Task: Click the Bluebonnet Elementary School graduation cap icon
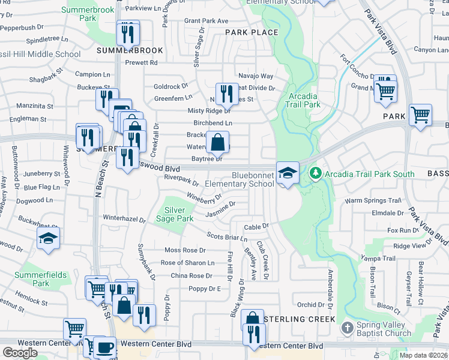tap(288, 173)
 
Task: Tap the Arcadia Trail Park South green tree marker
tap(316, 173)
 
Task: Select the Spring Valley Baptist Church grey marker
tap(347, 328)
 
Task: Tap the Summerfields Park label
tap(41, 278)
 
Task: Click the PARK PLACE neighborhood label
tap(252, 32)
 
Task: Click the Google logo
tap(20, 352)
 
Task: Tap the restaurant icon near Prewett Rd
tap(127, 34)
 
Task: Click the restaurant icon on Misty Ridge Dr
tap(226, 94)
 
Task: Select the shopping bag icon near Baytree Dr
tap(217, 143)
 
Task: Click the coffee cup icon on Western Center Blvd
tap(106, 347)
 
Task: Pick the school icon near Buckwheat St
tap(47, 239)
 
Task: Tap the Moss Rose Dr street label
tap(185, 250)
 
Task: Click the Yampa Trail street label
tap(378, 259)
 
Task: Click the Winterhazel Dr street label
tap(124, 219)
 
